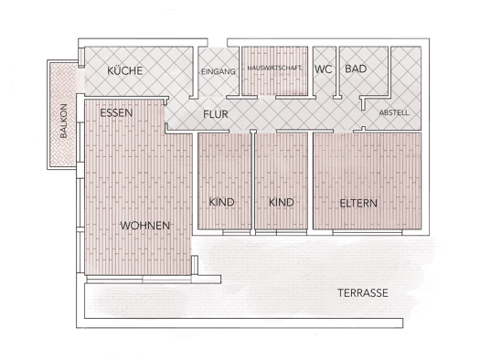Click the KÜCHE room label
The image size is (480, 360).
(125, 70)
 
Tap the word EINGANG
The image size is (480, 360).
(219, 71)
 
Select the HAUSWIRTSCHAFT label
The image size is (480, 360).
(274, 69)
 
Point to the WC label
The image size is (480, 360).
(324, 69)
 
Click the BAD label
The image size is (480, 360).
(356, 69)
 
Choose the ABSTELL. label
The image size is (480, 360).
(394, 113)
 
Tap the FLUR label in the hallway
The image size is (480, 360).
(216, 114)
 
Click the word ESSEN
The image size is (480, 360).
(116, 113)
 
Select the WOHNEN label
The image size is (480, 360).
(144, 226)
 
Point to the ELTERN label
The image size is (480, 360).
(358, 204)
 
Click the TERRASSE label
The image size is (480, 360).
(363, 293)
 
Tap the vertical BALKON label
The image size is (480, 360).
(64, 122)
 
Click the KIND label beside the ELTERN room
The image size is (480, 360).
(282, 203)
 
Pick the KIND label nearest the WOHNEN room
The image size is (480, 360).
(221, 202)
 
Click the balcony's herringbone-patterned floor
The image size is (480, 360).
(62, 115)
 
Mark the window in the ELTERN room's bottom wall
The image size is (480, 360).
(367, 233)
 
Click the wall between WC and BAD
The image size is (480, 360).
(337, 73)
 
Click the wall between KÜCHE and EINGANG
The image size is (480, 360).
(195, 73)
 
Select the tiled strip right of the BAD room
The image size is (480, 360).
(406, 72)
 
